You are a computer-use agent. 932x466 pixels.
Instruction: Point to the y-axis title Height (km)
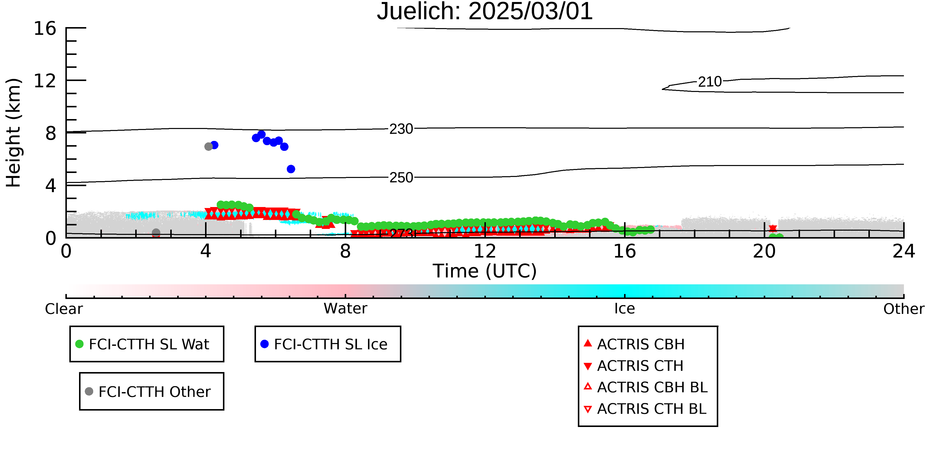(x=13, y=133)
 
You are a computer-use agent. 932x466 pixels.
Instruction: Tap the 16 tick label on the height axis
(x=45, y=28)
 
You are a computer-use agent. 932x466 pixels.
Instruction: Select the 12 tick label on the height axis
(x=45, y=81)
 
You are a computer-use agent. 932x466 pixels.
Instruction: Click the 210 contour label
(x=710, y=82)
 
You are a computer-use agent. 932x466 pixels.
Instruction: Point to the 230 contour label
(x=401, y=129)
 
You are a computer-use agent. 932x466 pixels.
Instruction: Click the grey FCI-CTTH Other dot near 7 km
(x=209, y=147)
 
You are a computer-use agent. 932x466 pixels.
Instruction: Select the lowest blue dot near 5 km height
(x=291, y=169)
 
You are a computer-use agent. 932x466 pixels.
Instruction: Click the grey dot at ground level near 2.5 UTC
(x=156, y=232)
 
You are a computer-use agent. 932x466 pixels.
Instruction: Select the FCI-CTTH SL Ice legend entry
(x=324, y=344)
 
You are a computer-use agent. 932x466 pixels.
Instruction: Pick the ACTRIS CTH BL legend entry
(x=645, y=409)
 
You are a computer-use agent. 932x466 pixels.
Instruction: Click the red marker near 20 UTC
(x=773, y=228)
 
